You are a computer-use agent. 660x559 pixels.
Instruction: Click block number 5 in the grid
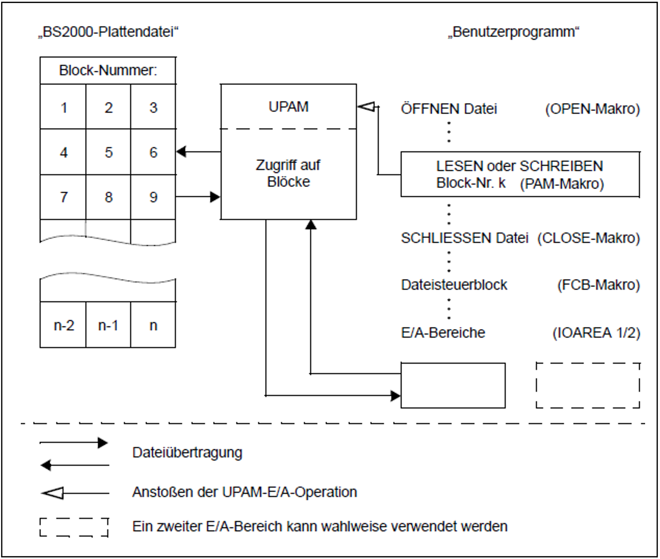click(x=109, y=152)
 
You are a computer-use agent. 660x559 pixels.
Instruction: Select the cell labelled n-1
click(x=108, y=325)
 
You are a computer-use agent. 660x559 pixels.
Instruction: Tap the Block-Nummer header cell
click(x=108, y=70)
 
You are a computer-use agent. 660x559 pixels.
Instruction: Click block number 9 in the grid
click(x=153, y=197)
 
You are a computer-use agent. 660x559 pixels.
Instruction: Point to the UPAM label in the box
click(x=289, y=107)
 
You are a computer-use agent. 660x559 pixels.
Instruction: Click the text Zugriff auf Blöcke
click(x=288, y=173)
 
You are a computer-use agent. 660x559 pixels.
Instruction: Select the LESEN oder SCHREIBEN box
click(x=520, y=174)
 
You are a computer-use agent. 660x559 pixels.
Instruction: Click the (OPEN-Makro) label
click(x=592, y=109)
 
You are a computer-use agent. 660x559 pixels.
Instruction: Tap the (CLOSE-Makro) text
click(x=589, y=238)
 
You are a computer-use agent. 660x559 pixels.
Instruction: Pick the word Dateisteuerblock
click(x=454, y=285)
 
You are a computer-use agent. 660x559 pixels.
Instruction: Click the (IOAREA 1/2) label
click(x=596, y=333)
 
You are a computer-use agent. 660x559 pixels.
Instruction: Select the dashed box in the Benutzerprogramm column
click(x=588, y=385)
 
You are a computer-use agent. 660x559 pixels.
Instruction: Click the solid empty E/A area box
click(x=453, y=385)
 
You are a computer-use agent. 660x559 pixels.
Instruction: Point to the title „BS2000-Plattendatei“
click(x=108, y=32)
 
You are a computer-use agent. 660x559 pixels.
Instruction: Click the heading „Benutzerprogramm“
click(x=513, y=32)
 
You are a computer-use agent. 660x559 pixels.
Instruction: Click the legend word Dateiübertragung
click(x=187, y=452)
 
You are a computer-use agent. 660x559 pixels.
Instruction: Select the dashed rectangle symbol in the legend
click(x=74, y=527)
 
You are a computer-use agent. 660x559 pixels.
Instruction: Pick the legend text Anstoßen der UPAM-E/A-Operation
click(x=245, y=492)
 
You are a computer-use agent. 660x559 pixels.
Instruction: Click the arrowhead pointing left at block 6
click(x=181, y=152)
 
